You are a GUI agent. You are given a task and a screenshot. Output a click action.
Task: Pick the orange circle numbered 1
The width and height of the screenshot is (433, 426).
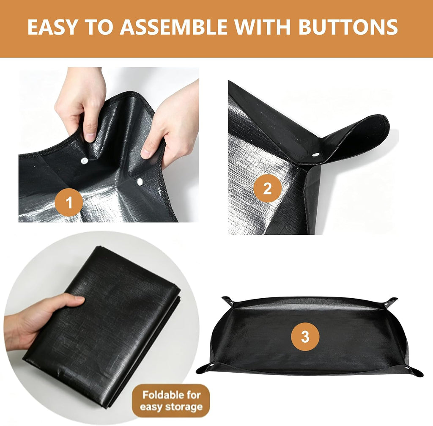[x=69, y=202]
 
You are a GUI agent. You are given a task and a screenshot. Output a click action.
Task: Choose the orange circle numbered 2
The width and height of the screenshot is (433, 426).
[x=267, y=189]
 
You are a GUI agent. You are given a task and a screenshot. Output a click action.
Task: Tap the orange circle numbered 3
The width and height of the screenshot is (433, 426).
[x=305, y=337]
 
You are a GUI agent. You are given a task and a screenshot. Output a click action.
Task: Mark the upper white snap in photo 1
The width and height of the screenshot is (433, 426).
[x=84, y=161]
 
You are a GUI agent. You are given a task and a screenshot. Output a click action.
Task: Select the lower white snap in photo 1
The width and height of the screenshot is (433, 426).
[x=140, y=181]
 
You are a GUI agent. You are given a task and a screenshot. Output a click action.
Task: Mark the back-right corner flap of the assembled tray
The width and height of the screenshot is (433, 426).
[x=390, y=302]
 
